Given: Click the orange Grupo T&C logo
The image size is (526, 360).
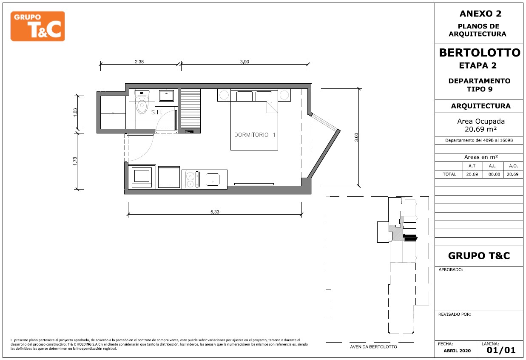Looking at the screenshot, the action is click(37, 26).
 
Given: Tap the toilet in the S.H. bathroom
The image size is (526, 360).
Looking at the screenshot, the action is click(142, 102).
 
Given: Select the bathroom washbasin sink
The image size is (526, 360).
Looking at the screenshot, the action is click(166, 96).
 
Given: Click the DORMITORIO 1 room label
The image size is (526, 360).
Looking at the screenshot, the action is click(255, 135).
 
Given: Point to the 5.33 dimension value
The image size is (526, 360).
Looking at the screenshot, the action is click(215, 212).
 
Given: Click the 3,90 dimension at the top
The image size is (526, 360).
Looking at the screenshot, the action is click(245, 62).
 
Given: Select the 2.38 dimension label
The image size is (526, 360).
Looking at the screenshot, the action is click(139, 62).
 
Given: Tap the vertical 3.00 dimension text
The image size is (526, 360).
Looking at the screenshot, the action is click(356, 137).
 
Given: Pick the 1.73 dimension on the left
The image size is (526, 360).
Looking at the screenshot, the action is click(75, 161).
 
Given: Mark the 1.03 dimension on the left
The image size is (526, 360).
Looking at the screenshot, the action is click(75, 112).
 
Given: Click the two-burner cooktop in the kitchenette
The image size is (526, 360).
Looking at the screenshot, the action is click(190, 179).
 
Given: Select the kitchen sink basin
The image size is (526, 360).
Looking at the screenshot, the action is click(213, 179).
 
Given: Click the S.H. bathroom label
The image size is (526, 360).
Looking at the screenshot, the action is click(156, 112).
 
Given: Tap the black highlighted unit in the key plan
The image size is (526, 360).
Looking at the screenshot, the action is click(410, 238).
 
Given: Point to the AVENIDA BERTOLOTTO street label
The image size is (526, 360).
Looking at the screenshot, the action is click(373, 347).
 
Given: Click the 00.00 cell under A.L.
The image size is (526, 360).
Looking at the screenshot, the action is click(494, 174).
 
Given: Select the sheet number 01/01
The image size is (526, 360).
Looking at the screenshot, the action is click(501, 350).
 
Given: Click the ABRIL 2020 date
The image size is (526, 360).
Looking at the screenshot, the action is click(457, 351).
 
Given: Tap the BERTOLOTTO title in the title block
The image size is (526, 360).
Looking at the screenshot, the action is click(480, 53).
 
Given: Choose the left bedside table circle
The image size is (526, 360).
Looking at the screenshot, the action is click(224, 95).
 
